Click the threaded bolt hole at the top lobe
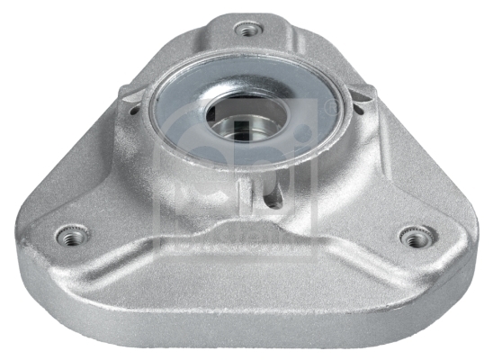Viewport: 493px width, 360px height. click(248, 30)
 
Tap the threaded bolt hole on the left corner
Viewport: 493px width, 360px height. click(72, 236)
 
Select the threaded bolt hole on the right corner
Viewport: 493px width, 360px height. click(413, 238)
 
